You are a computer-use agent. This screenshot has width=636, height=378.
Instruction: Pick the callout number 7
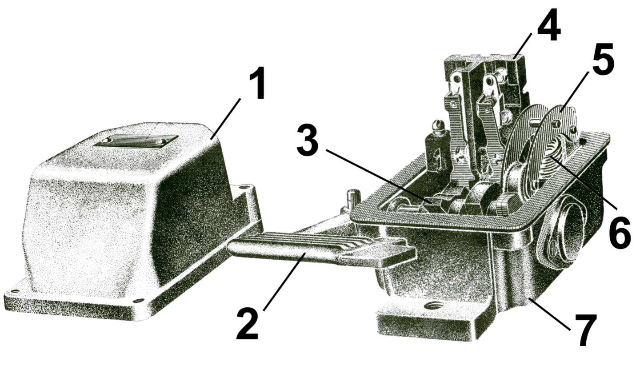tap(585, 330)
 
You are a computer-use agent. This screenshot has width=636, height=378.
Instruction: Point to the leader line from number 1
tap(226, 119)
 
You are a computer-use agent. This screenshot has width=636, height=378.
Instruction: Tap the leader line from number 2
tap(285, 281)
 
